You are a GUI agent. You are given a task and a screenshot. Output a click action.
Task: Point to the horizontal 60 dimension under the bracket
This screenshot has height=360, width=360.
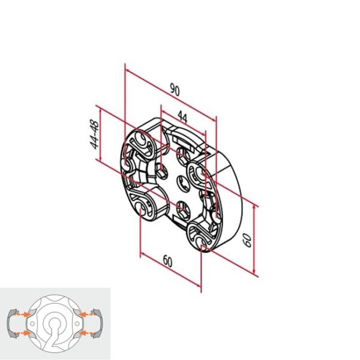(x=167, y=262)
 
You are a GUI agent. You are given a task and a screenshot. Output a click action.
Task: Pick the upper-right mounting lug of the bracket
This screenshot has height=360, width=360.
(x=198, y=174)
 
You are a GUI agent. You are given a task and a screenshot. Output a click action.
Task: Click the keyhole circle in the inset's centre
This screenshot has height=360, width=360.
(x=55, y=326)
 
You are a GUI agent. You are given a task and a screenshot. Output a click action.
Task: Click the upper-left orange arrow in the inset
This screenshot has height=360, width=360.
(x=22, y=313)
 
